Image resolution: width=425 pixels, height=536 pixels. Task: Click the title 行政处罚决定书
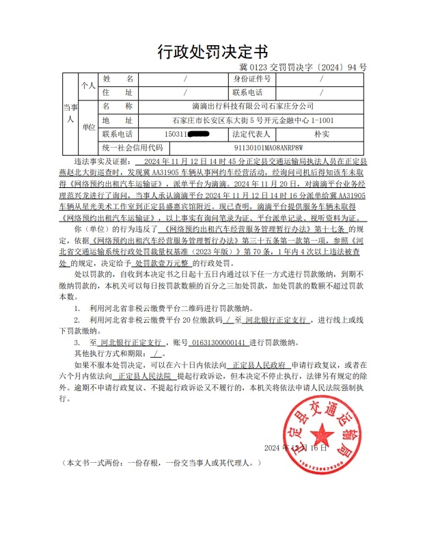tap(212, 52)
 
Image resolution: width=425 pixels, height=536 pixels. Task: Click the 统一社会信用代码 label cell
tap(133, 148)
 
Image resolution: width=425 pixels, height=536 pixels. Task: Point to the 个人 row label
tap(89, 86)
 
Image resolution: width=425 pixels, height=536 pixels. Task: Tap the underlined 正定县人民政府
tap(262, 366)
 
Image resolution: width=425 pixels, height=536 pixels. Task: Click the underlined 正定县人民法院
tap(144, 376)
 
